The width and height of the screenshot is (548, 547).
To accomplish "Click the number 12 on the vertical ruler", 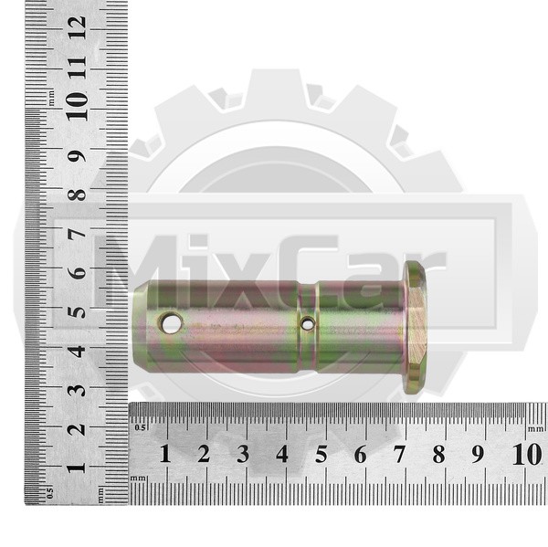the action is coord(78,27).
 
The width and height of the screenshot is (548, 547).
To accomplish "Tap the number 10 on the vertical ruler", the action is coord(78,107).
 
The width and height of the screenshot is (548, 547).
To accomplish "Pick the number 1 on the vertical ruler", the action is coord(77,468).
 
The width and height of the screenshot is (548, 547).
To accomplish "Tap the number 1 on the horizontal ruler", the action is coord(165,454).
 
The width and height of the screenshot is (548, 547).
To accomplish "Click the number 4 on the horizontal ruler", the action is coord(282,454).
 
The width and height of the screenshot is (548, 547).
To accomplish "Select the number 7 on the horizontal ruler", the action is coord(399,454).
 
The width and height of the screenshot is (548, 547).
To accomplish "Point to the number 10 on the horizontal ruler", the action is coord(527,454).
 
